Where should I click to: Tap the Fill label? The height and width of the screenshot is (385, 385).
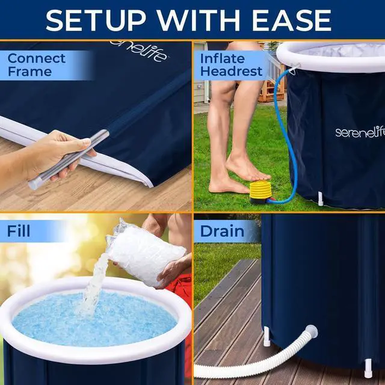(x=19, y=231)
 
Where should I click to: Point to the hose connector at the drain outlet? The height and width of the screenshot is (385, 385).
(x=310, y=331)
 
